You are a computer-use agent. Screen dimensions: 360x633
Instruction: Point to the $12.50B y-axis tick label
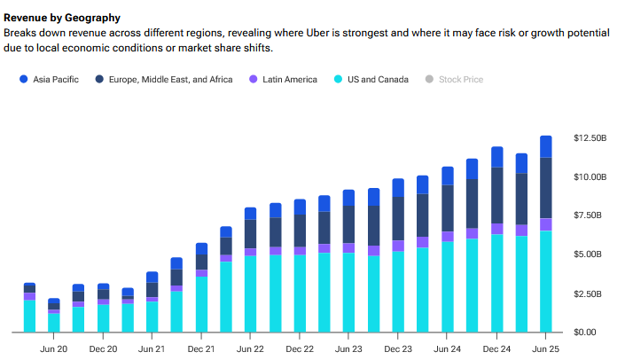pos(590,138)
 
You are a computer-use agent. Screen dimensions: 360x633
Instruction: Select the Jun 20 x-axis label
pos(54,349)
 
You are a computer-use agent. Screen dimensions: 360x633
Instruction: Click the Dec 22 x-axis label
pos(300,349)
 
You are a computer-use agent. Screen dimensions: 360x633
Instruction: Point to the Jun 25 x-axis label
pos(545,349)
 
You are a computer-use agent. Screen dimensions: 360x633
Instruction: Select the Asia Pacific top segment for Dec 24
pos(496,157)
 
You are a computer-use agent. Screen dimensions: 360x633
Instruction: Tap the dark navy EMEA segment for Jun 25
pos(545,187)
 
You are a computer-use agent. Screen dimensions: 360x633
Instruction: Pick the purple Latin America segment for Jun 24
pos(447,237)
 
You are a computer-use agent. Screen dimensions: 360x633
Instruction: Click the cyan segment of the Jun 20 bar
pos(54,322)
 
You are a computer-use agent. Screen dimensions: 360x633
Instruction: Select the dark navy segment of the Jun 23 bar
pos(349,224)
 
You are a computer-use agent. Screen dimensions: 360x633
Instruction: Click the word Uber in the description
pos(386,33)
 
